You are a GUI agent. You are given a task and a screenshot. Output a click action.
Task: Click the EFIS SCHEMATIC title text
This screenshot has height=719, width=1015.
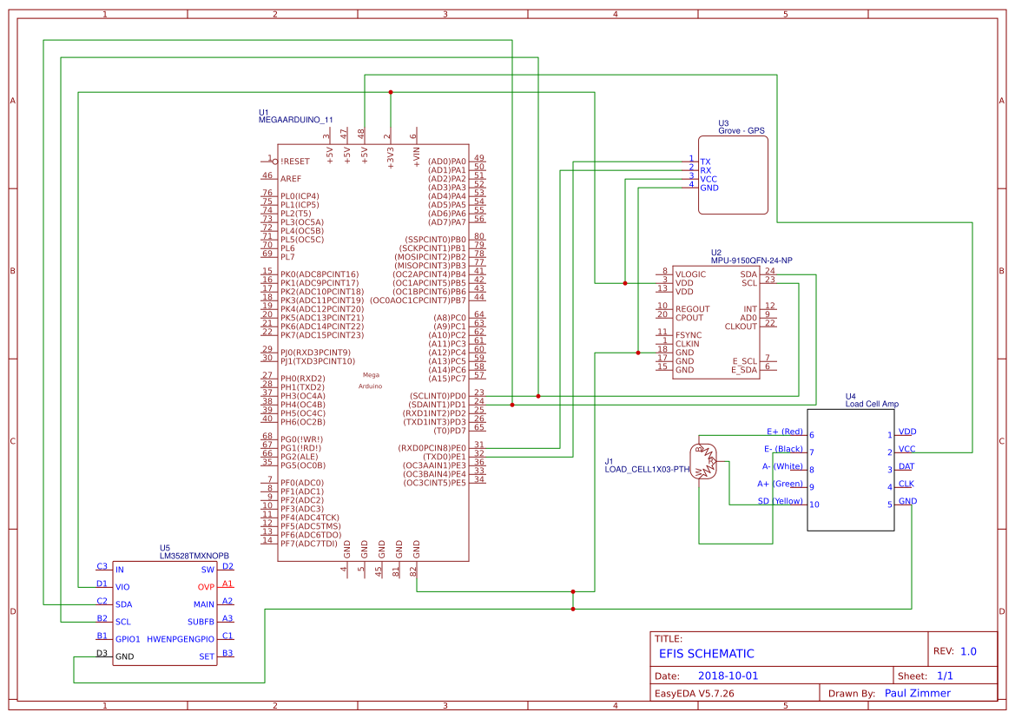click(x=706, y=654)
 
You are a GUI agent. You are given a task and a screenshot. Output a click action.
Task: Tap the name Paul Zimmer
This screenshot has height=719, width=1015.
click(x=917, y=693)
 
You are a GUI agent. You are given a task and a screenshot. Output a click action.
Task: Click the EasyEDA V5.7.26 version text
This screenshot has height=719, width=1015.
click(x=695, y=694)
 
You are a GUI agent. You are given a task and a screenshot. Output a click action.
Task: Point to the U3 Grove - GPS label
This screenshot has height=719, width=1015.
click(x=741, y=127)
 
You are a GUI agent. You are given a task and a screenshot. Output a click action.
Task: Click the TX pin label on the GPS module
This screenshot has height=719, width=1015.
click(x=705, y=162)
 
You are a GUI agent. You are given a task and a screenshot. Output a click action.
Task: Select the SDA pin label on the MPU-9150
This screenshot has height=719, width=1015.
click(x=748, y=274)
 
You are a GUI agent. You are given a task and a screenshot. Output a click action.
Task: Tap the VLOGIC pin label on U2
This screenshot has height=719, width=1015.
click(x=691, y=274)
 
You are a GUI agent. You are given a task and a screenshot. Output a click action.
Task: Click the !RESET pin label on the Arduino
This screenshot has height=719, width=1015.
click(x=295, y=162)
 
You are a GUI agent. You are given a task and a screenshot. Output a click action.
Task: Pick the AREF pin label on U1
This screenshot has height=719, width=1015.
click(x=291, y=178)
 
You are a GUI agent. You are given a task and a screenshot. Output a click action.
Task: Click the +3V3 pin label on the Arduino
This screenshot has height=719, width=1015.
click(x=391, y=156)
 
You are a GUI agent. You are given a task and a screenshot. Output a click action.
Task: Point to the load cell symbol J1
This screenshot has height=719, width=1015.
click(x=705, y=460)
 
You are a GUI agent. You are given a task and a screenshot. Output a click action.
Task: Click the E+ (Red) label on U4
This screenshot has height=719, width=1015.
click(x=784, y=432)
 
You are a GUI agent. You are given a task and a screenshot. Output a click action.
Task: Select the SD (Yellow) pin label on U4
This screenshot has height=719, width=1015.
click(x=781, y=501)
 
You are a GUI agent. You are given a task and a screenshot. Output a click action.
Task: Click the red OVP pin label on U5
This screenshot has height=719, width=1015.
click(x=206, y=587)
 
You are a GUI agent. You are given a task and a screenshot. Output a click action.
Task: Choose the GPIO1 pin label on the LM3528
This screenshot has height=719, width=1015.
click(x=128, y=639)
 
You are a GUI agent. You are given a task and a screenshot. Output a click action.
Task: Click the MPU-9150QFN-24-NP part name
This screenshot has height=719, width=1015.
click(x=751, y=261)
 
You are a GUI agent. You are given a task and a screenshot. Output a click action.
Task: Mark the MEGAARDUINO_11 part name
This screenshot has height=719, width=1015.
click(x=296, y=120)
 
